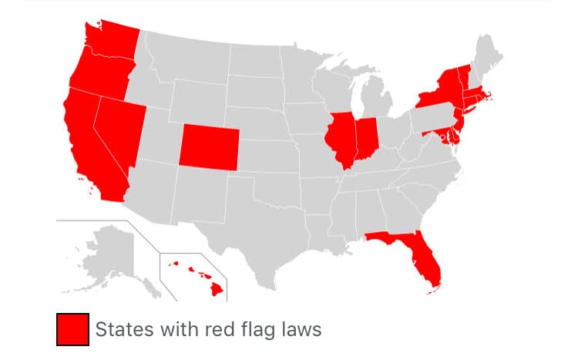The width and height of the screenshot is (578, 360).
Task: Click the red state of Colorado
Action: [209, 146]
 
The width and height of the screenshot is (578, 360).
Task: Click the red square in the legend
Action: [72, 330]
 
